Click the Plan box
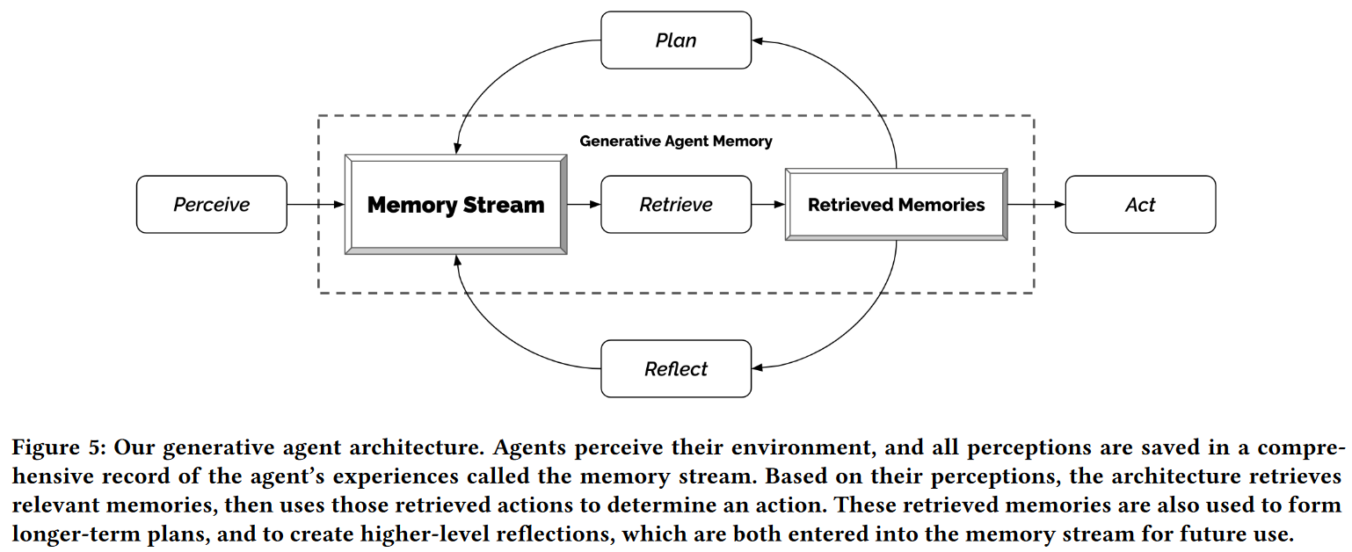tap(676, 40)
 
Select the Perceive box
tap(211, 205)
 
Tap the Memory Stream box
tap(455, 205)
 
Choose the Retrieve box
tap(676, 205)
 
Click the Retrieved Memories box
tap(897, 205)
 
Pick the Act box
tap(1140, 205)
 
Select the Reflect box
tap(676, 368)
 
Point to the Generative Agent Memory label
tap(676, 142)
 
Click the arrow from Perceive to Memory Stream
tap(316, 205)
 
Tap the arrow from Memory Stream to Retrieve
tap(585, 205)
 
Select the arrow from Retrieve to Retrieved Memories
tap(768, 205)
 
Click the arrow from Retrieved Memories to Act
tap(1036, 205)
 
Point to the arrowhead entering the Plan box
tap(758, 41)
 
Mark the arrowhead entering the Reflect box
tap(758, 367)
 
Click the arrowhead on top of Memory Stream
tap(457, 149)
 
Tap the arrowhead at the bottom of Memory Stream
tap(457, 260)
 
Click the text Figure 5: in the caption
tap(59, 447)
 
